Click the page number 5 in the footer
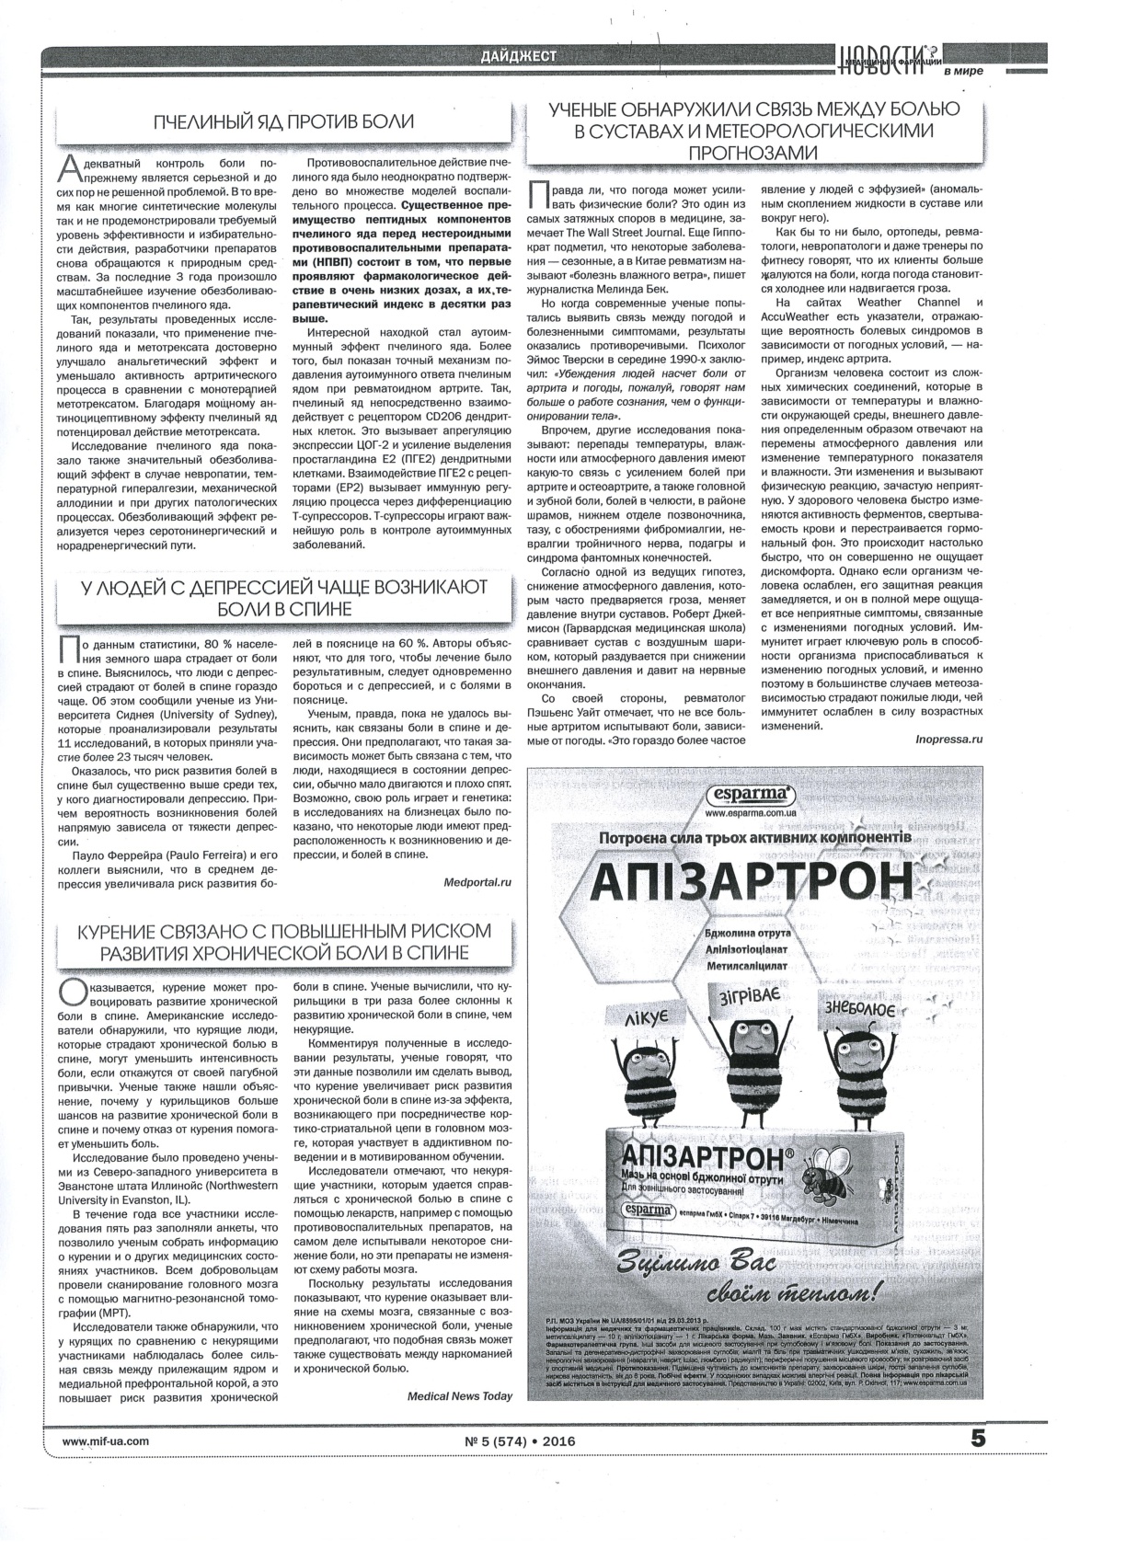pos(977,1437)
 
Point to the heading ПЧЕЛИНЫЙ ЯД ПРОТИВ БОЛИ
pos(283,121)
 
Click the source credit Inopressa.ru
pos(949,739)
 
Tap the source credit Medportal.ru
pos(476,881)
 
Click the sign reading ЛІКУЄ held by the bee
pos(645,1015)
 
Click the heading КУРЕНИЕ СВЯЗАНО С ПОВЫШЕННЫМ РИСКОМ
pos(283,929)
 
